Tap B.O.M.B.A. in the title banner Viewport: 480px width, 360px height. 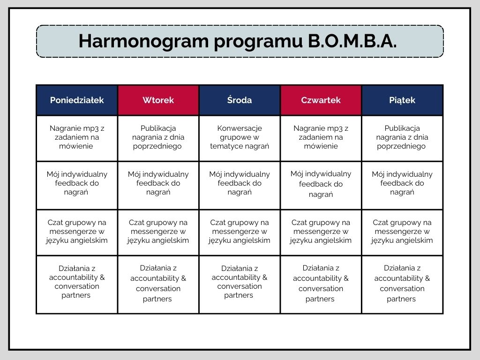(352, 41)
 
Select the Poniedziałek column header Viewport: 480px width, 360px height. (77, 100)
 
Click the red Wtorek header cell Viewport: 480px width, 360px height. (158, 100)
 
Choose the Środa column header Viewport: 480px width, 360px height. (240, 100)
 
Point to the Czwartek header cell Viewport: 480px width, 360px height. (321, 100)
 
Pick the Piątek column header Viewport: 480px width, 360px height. (402, 100)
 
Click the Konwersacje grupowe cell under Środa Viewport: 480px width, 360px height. (240, 137)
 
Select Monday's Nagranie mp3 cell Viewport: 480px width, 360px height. (77, 137)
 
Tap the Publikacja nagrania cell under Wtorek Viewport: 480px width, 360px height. (158, 137)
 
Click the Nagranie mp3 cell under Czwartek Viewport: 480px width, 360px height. (321, 137)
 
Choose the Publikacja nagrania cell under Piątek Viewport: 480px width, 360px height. (402, 137)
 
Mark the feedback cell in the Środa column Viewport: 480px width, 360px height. (240, 183)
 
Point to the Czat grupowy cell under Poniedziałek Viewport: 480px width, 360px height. (77, 232)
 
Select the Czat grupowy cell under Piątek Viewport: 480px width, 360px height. (402, 232)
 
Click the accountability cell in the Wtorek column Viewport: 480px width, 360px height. (158, 284)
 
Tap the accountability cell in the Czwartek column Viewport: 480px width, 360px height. (321, 284)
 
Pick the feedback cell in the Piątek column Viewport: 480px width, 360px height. (402, 183)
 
